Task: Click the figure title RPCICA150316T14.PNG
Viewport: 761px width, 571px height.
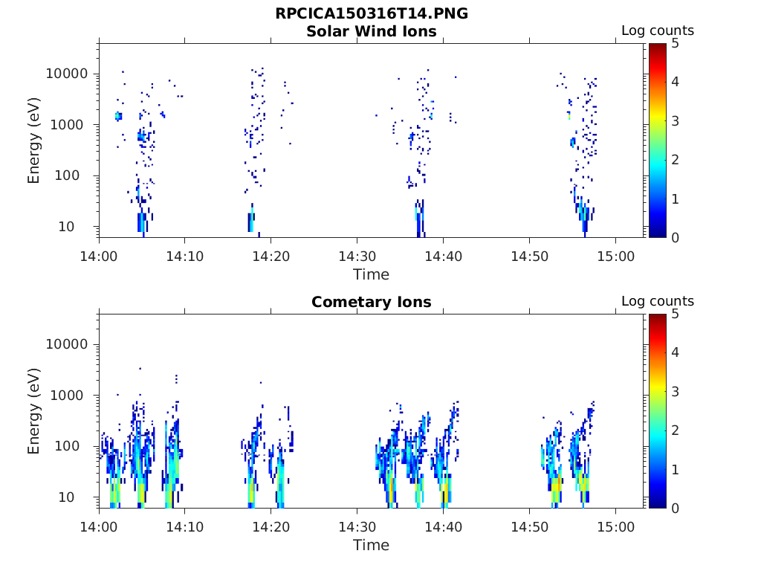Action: (x=372, y=14)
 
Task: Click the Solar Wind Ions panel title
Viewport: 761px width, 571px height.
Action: (x=372, y=31)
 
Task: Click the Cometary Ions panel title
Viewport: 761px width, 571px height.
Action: (x=372, y=302)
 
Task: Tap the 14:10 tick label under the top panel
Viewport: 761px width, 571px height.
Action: (x=185, y=255)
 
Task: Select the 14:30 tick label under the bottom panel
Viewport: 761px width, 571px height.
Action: (x=357, y=526)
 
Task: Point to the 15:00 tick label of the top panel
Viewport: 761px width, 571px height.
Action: (x=615, y=255)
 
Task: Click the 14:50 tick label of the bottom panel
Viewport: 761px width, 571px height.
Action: (x=529, y=526)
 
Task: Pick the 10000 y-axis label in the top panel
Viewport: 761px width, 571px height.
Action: (x=68, y=74)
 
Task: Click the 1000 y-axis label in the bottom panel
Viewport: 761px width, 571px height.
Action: (x=71, y=396)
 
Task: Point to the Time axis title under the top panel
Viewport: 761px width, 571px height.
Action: (x=372, y=274)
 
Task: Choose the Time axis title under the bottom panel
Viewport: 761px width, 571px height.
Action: (x=372, y=545)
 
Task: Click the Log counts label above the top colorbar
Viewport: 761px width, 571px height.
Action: (x=658, y=30)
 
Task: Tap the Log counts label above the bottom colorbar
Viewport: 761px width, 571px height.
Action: (x=658, y=301)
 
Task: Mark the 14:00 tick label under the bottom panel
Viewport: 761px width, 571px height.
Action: (x=99, y=526)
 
